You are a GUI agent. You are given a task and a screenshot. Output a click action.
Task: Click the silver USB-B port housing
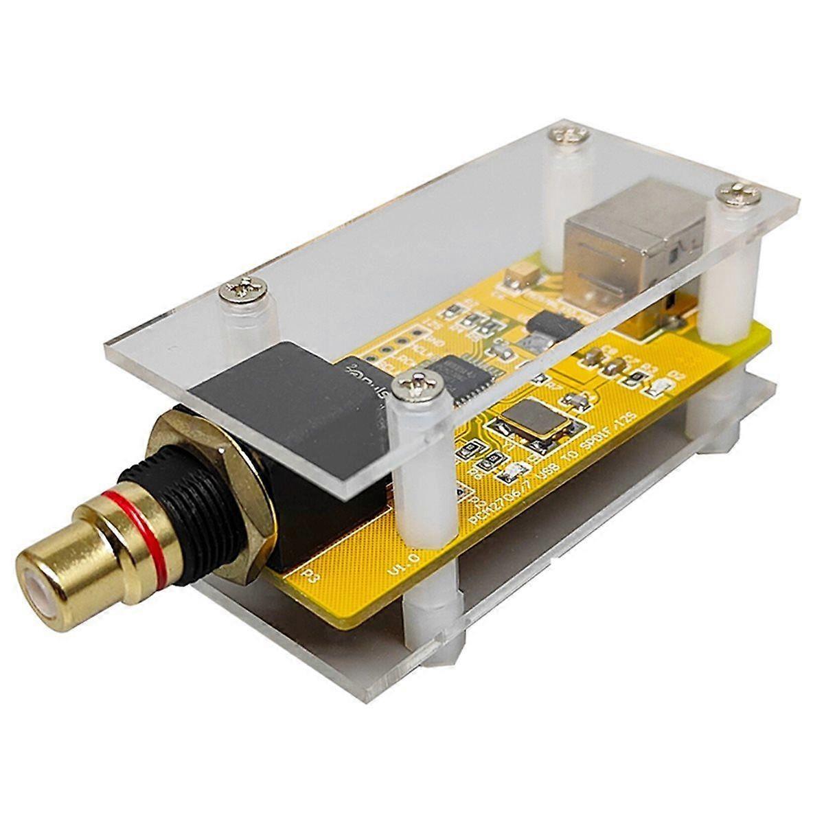[x=632, y=227]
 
